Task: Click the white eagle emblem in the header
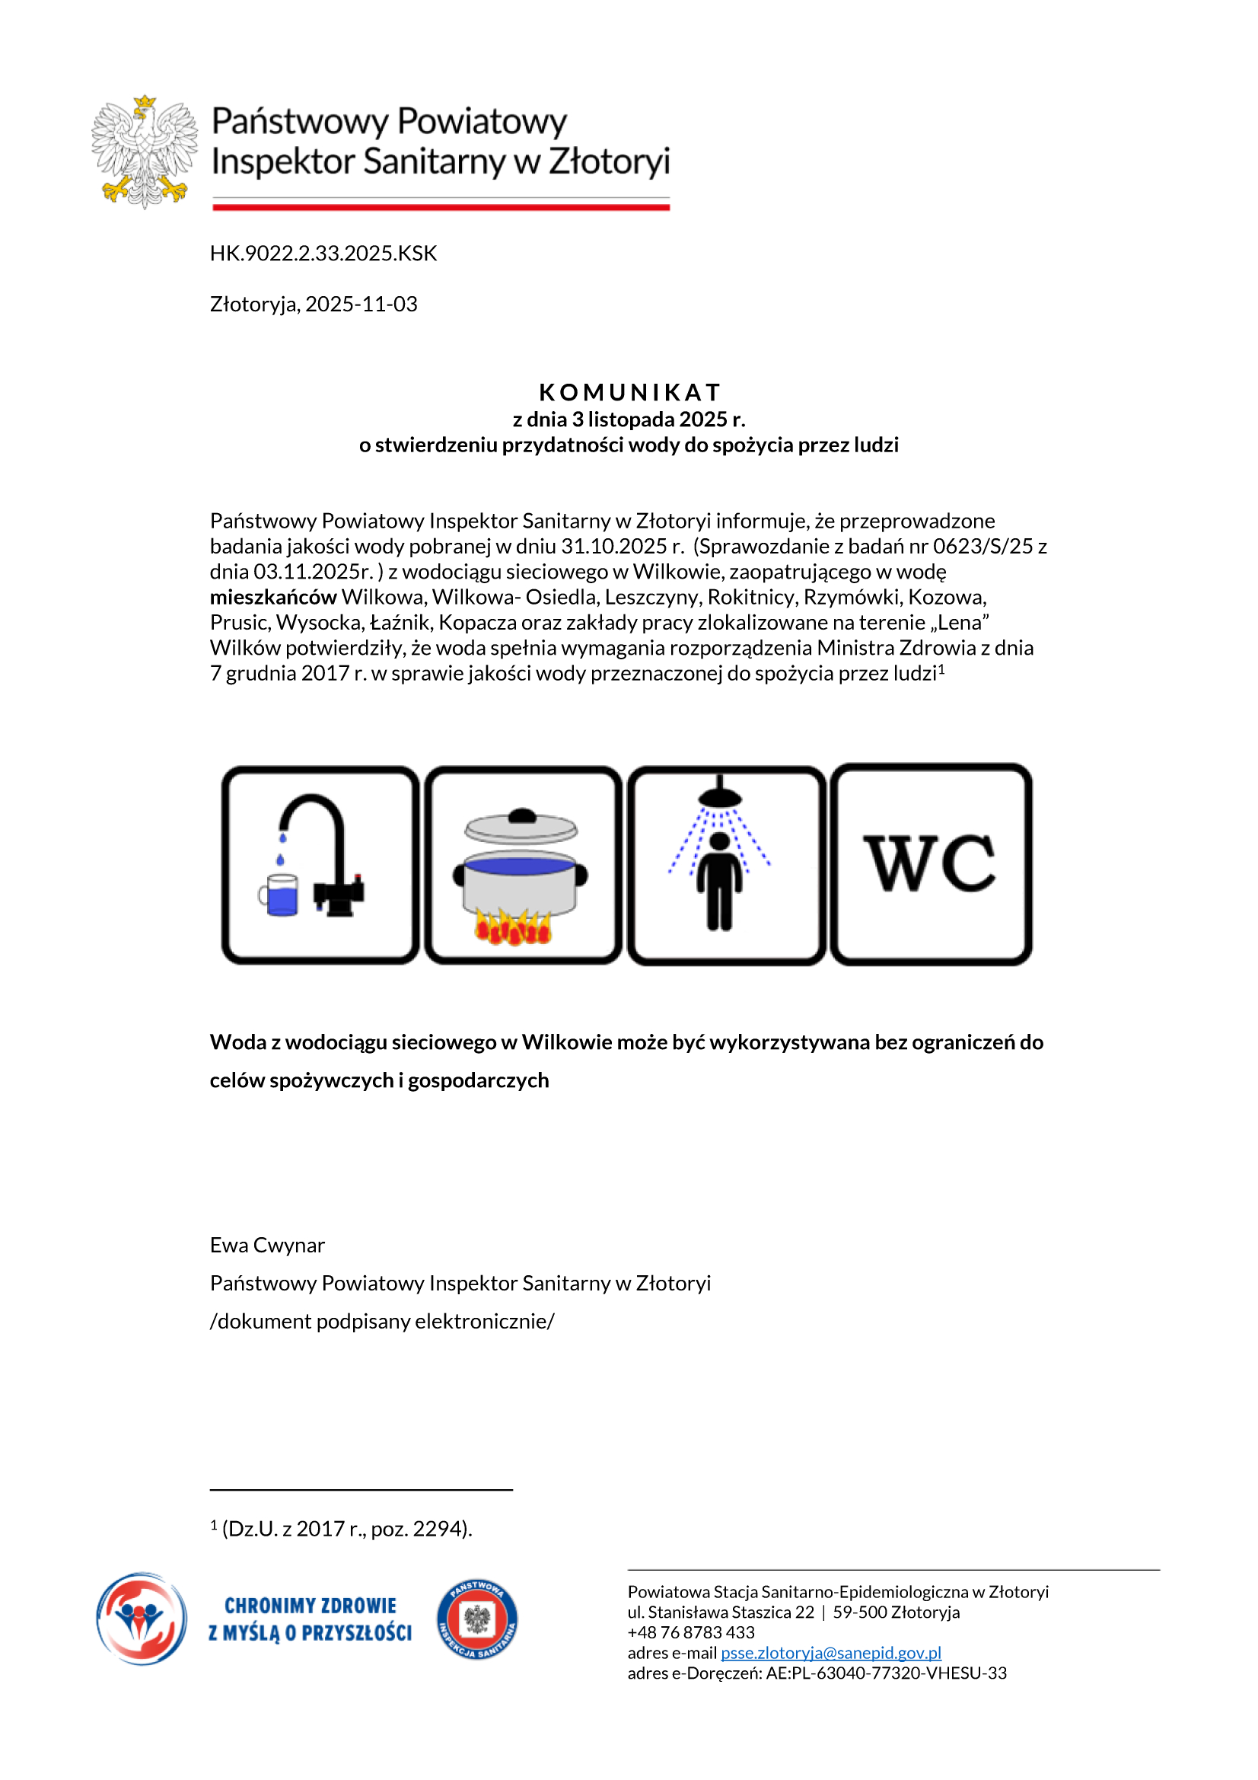(x=144, y=152)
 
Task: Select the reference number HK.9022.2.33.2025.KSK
(x=323, y=254)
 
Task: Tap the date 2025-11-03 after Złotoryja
(x=361, y=304)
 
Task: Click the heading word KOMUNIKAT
(x=629, y=391)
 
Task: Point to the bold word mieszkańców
(x=273, y=597)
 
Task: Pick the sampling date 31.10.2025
(x=614, y=546)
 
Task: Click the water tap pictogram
(x=320, y=865)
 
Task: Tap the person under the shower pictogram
(x=726, y=865)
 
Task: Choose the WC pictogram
(x=930, y=863)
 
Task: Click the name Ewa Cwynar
(x=267, y=1245)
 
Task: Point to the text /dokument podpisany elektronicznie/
(x=382, y=1321)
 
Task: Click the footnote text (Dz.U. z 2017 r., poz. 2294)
(x=346, y=1529)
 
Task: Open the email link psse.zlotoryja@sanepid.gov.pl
(x=830, y=1653)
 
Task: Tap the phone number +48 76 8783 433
(x=690, y=1632)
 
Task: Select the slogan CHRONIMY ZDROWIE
(x=310, y=1606)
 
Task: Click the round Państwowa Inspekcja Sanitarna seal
(x=476, y=1619)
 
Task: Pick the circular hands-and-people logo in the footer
(x=142, y=1619)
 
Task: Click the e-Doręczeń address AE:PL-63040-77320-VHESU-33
(x=886, y=1673)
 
